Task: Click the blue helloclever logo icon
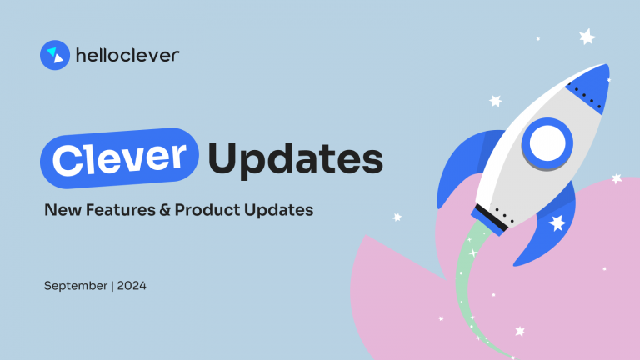(x=54, y=55)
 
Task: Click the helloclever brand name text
(x=127, y=56)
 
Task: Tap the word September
(x=76, y=287)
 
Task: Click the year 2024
(x=131, y=287)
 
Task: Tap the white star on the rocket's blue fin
(x=557, y=222)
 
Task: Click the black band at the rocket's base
(x=492, y=217)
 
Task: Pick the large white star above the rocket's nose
(x=587, y=37)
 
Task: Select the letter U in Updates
(x=224, y=157)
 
